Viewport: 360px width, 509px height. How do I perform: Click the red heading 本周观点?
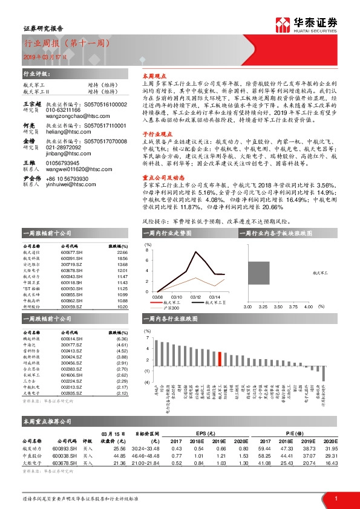click(152, 78)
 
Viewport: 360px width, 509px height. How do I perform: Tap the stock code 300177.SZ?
click(71, 345)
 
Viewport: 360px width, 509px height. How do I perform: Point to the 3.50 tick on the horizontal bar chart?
click(278, 307)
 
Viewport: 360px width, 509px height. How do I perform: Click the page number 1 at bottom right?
click(336, 498)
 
